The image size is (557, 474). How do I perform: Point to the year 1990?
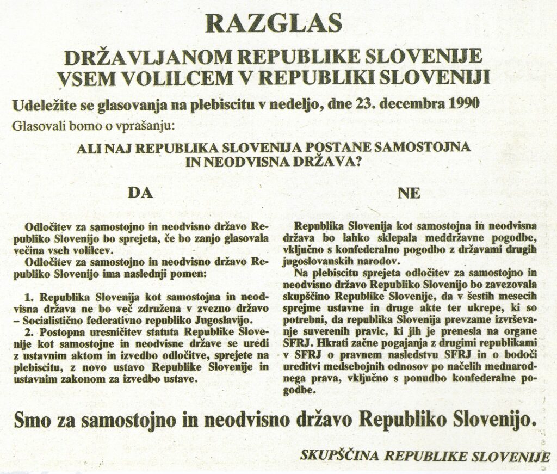pos(465,103)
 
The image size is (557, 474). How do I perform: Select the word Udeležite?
pos(42,104)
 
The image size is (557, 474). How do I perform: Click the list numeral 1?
pos(29,298)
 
